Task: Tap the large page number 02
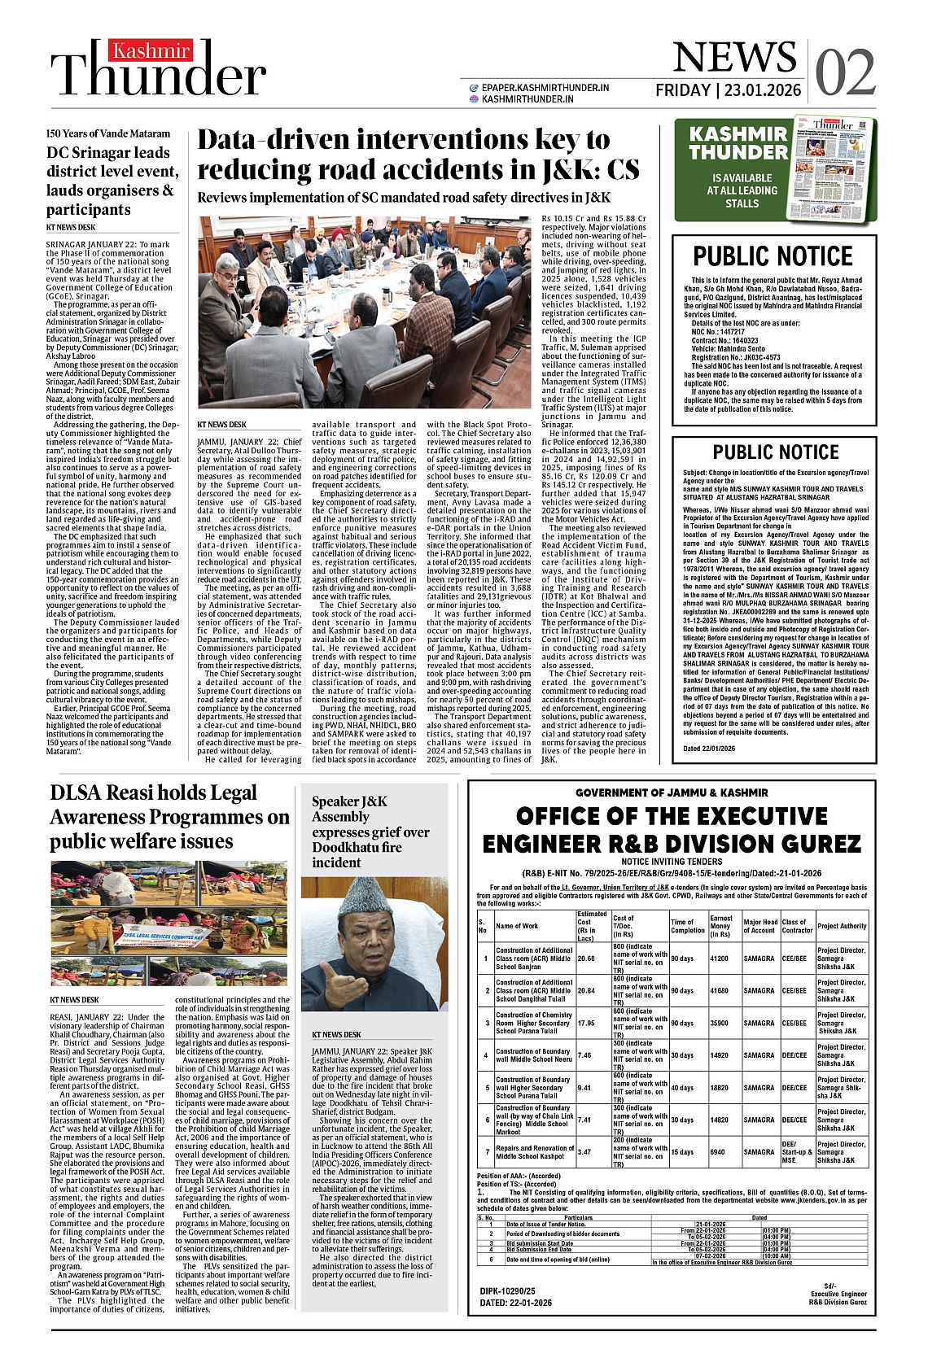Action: (x=845, y=72)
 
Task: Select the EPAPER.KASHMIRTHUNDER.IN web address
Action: (x=545, y=87)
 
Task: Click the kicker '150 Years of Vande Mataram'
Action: (x=108, y=133)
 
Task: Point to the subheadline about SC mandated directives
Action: (x=404, y=198)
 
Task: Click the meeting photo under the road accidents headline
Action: (x=365, y=312)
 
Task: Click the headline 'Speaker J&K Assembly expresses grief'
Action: (x=370, y=832)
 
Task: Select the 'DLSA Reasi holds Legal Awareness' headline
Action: (x=169, y=816)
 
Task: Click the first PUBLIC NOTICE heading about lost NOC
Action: (x=773, y=256)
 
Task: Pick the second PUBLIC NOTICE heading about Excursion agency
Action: (x=775, y=452)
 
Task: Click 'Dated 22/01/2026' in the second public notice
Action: (x=708, y=749)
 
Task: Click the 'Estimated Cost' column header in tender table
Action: (x=592, y=926)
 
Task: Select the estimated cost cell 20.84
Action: (x=585, y=991)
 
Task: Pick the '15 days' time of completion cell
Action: (x=681, y=1152)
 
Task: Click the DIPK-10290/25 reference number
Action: (x=507, y=1290)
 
